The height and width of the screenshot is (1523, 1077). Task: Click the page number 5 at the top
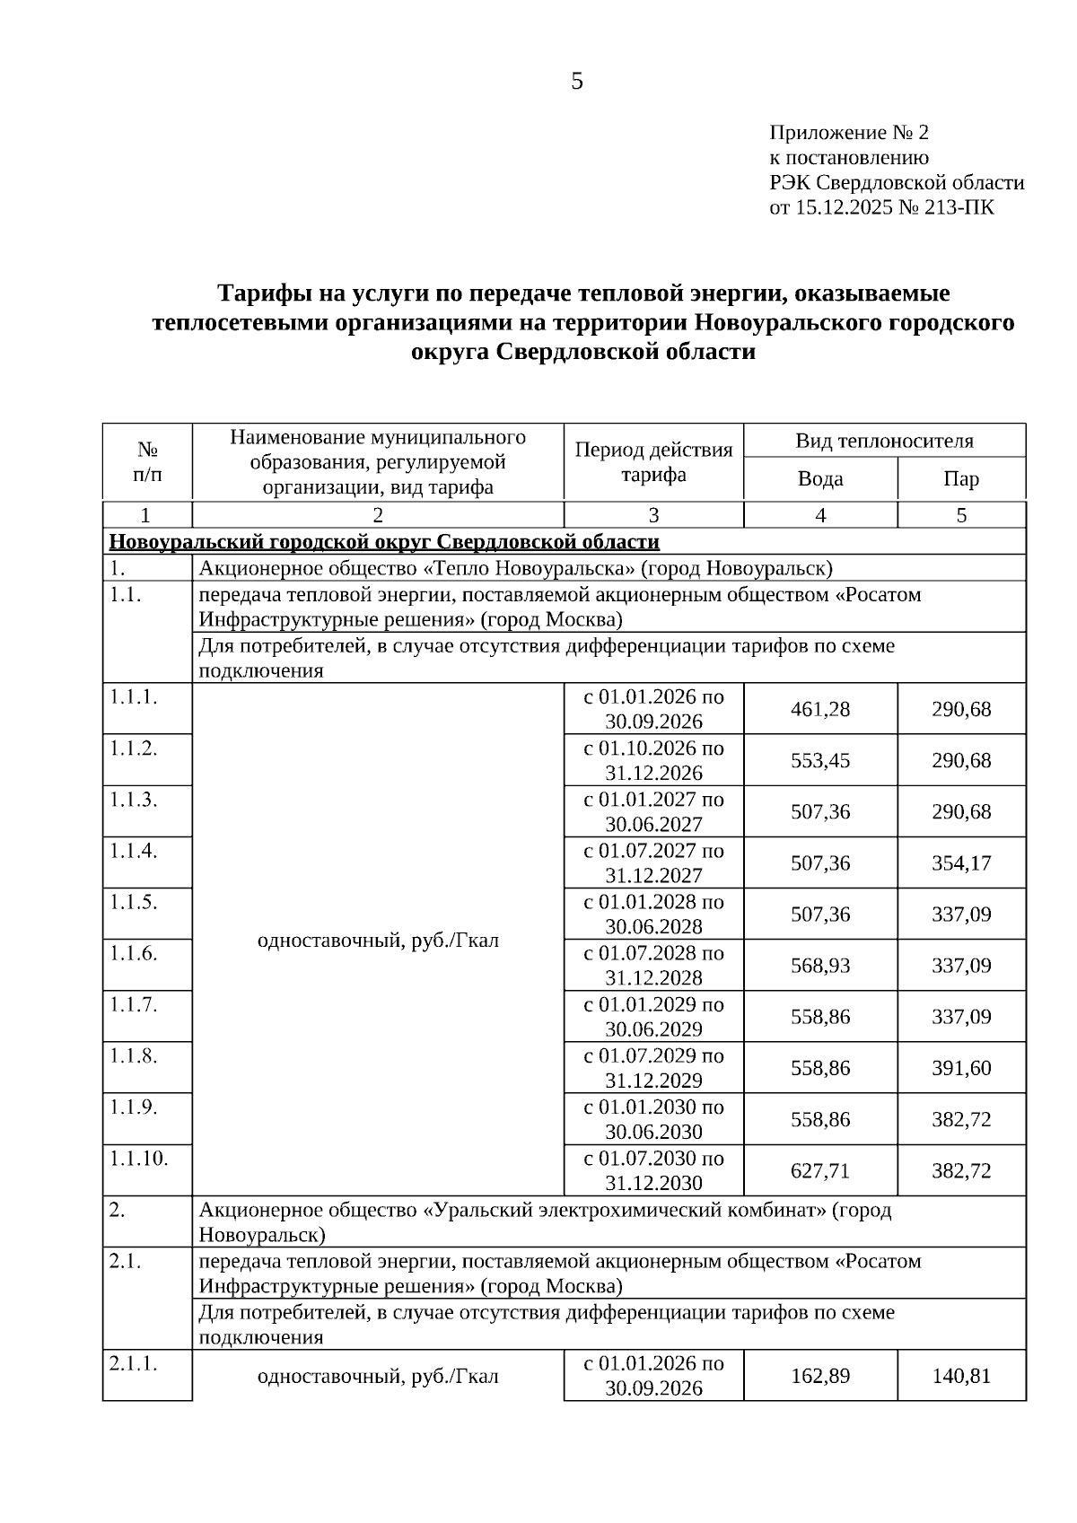coord(576,82)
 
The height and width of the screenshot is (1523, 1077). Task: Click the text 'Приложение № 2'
coord(849,133)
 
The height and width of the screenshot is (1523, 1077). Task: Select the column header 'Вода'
coord(820,478)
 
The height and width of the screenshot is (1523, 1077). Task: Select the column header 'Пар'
coord(961,478)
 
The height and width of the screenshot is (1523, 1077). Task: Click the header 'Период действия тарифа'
coord(653,461)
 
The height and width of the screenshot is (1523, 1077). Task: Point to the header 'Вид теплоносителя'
coord(884,441)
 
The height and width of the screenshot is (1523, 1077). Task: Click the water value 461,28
coord(820,709)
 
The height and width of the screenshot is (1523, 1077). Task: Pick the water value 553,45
coord(820,760)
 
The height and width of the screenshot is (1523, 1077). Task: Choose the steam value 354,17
coord(961,862)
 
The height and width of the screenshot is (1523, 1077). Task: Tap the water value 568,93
coord(820,966)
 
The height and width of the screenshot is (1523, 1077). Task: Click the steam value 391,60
coord(961,1068)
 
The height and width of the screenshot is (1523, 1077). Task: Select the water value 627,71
coord(820,1170)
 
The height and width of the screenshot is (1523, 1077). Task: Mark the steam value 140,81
coord(961,1375)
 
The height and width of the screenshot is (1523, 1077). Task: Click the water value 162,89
coord(820,1375)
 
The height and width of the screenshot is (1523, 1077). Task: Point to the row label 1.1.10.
coord(138,1158)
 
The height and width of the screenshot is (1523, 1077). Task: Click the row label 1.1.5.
coord(133,901)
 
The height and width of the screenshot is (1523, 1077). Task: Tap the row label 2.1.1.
coord(133,1362)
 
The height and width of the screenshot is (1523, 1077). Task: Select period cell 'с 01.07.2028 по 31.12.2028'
coord(653,965)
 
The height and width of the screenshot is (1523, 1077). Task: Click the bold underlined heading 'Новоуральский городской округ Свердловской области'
coord(384,541)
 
